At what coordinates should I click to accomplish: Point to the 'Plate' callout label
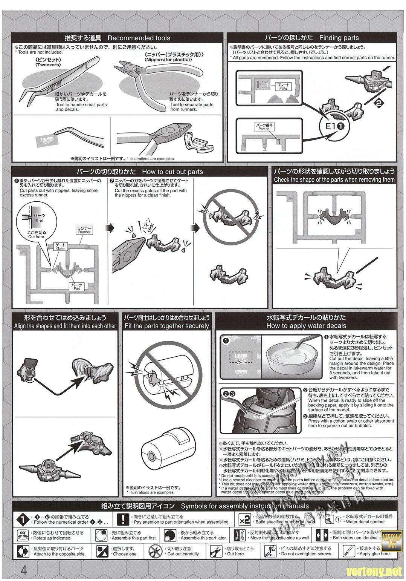tap(283, 87)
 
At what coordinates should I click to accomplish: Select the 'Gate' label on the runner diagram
tap(61, 247)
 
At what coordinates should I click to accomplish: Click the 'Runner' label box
tap(84, 230)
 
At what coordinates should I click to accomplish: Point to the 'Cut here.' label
tap(37, 235)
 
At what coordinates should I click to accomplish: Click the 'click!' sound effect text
tap(145, 228)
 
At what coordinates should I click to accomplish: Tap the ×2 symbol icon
tap(244, 520)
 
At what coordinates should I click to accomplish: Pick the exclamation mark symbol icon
tap(123, 520)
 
